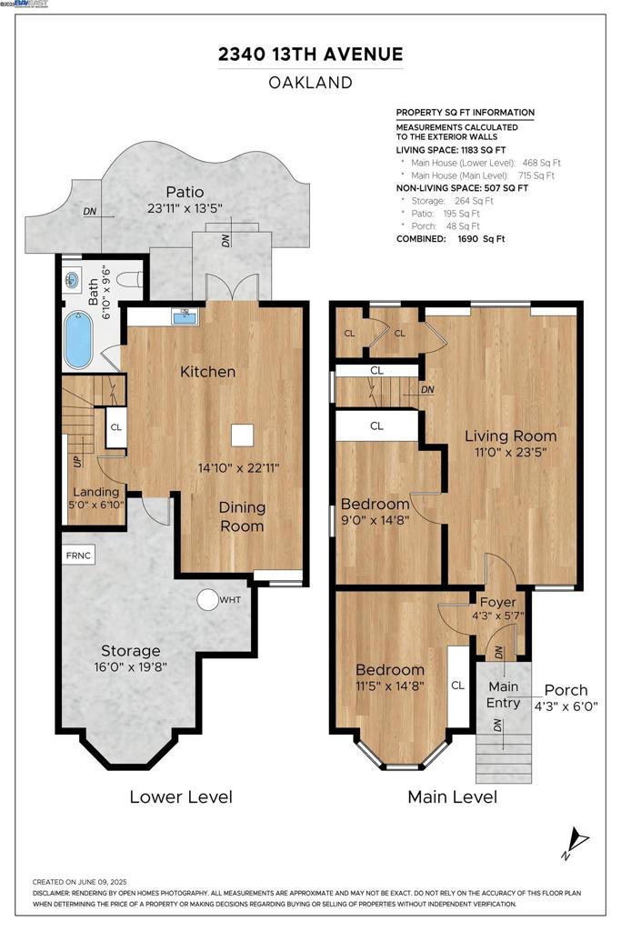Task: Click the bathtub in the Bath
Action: [x=78, y=339]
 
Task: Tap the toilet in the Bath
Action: [x=130, y=279]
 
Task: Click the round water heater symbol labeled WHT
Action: [x=208, y=600]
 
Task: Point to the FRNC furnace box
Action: [x=78, y=556]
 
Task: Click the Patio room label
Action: [x=185, y=192]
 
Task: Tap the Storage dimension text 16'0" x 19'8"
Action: [x=131, y=666]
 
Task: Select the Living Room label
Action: [x=511, y=435]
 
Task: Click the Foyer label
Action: [x=497, y=602]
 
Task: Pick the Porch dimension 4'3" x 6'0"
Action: [x=566, y=706]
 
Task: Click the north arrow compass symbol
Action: [x=575, y=843]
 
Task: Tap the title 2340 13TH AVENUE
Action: [x=311, y=54]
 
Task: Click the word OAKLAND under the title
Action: [x=311, y=82]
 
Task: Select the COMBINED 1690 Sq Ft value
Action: [x=481, y=239]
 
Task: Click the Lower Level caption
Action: [x=181, y=796]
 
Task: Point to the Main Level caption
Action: [x=453, y=796]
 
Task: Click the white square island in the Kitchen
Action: [x=242, y=435]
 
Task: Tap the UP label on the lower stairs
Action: [x=78, y=461]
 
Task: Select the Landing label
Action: [x=96, y=492]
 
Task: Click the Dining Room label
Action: [x=242, y=516]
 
